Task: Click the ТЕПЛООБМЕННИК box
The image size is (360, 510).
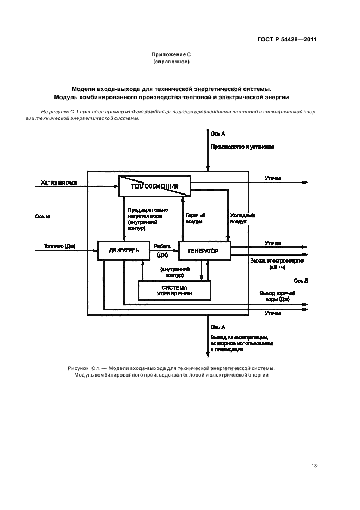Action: tap(154, 186)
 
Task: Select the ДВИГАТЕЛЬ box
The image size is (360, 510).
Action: tap(120, 251)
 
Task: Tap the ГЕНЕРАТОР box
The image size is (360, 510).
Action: tap(204, 251)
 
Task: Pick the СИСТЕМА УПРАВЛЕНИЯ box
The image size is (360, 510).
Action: tap(174, 290)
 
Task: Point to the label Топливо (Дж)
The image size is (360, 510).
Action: tap(58, 246)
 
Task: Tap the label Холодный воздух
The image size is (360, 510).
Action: tap(242, 218)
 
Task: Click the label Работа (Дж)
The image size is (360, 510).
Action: tap(162, 250)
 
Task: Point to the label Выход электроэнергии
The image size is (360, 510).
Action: tap(277, 261)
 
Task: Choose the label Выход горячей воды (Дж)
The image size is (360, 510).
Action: tap(277, 296)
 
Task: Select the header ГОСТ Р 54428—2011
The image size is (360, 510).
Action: tap(286, 40)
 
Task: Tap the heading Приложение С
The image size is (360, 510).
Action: tap(171, 54)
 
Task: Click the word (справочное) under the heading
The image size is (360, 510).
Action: tap(171, 62)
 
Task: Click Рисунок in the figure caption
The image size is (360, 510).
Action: tap(80, 368)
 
